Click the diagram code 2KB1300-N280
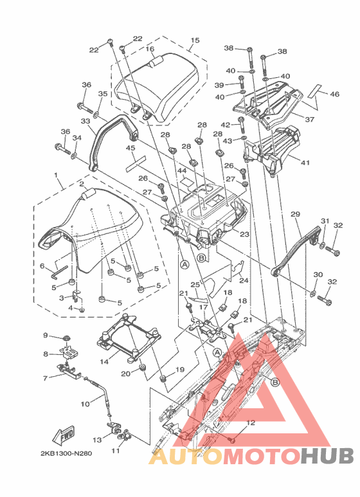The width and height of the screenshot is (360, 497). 66,453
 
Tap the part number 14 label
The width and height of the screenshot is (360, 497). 104,361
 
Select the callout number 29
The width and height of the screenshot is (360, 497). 295,214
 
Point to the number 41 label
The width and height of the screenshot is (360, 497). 305,163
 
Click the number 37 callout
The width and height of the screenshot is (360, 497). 309,119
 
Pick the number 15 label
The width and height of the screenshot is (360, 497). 195,41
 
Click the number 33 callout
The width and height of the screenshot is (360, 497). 85,121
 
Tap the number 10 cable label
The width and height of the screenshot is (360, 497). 85,404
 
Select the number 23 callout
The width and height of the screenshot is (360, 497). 244,234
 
